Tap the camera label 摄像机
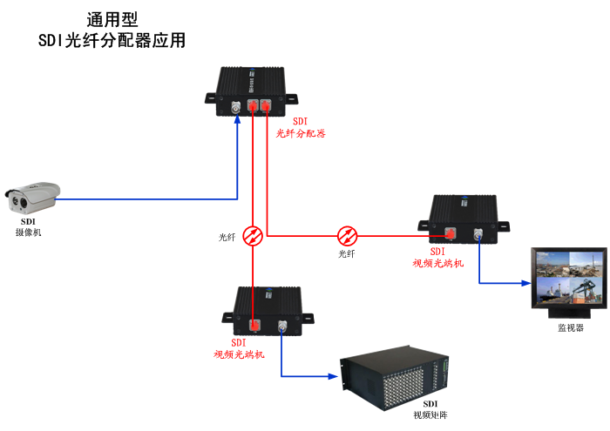click(x=29, y=232)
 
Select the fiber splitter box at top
click(x=252, y=91)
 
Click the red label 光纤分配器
click(x=301, y=133)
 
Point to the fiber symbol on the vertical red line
click(x=252, y=236)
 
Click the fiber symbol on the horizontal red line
click(x=348, y=236)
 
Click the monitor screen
click(x=567, y=278)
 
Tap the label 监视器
click(x=571, y=328)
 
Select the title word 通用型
click(x=112, y=19)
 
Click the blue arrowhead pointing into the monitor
click(x=526, y=284)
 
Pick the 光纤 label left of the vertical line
click(x=227, y=237)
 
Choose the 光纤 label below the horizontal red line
click(x=347, y=253)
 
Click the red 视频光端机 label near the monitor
click(x=438, y=262)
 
